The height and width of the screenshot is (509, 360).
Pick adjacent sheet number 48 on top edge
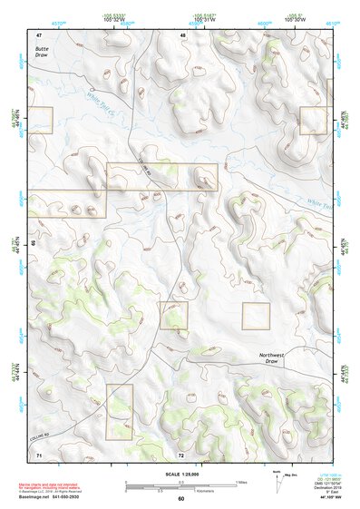pos(182,35)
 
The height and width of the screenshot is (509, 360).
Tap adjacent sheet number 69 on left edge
pos(34,244)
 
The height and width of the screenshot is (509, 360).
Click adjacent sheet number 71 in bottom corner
pos(39,454)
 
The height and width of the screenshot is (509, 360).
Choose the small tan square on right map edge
pos(313,120)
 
